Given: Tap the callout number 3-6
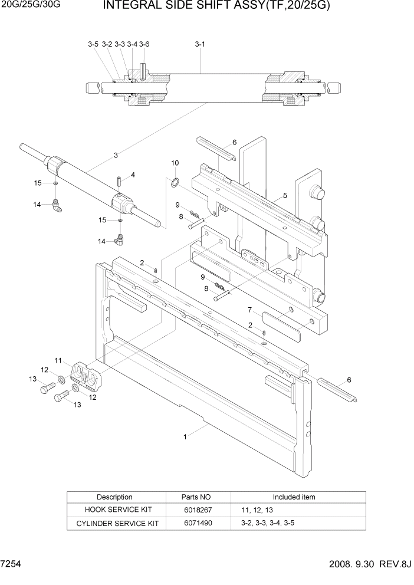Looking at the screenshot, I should [x=144, y=44].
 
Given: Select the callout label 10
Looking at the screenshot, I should [x=175, y=163].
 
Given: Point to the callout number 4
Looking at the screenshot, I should [x=133, y=175].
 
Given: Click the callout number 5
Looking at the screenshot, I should [x=285, y=195].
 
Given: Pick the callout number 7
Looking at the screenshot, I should [x=250, y=310].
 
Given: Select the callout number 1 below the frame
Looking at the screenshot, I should [x=185, y=437].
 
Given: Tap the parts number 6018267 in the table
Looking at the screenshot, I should [x=198, y=510].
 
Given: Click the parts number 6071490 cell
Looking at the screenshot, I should [x=198, y=523].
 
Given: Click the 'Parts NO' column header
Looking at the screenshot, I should [x=198, y=497].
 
